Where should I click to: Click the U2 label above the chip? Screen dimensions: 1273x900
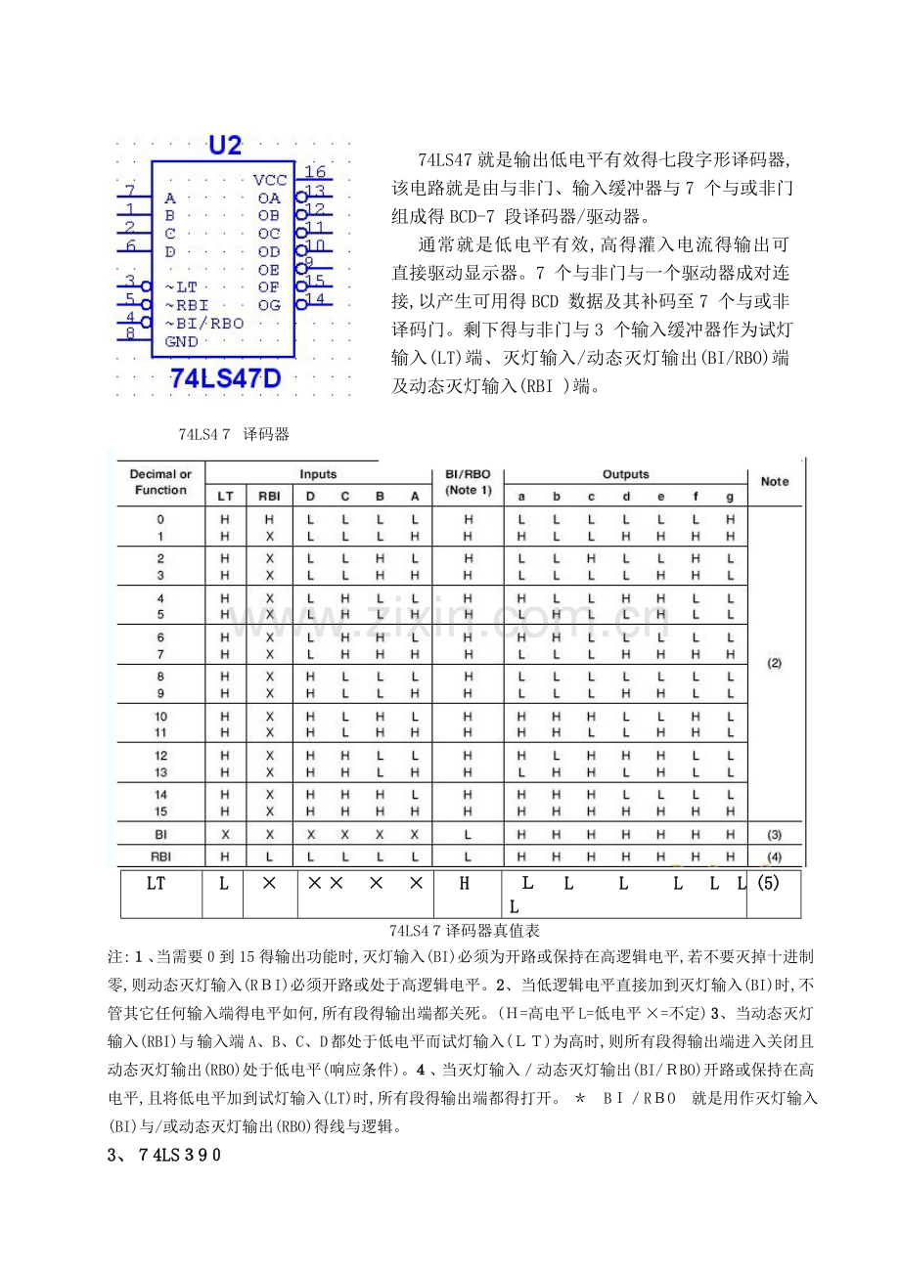click(225, 146)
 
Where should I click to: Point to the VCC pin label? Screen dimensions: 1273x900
click(270, 180)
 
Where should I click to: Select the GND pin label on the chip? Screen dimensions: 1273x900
click(182, 341)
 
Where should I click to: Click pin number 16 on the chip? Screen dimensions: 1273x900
click(314, 172)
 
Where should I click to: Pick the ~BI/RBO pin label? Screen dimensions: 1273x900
click(204, 323)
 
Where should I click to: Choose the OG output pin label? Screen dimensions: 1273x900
click(269, 305)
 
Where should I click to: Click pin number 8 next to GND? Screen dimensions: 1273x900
click(130, 333)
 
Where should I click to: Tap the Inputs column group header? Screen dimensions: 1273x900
click(318, 474)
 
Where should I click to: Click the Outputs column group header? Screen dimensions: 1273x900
click(625, 474)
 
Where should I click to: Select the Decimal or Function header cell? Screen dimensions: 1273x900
click(160, 482)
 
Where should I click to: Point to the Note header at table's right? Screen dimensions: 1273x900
click(774, 481)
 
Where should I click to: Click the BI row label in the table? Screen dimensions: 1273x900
click(160, 835)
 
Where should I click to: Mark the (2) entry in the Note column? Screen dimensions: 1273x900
click(774, 663)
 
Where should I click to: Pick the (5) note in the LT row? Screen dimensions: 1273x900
click(768, 884)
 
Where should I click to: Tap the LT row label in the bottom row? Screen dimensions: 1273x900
click(156, 884)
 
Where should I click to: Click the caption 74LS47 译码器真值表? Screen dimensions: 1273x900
click(450, 931)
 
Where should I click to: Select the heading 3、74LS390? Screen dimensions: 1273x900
click(164, 1155)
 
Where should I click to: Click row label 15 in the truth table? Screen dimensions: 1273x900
click(160, 811)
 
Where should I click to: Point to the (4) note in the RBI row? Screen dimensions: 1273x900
click(774, 856)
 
